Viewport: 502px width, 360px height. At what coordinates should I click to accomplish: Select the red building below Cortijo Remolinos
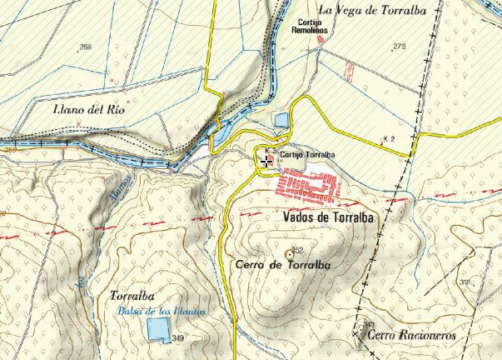(320, 40)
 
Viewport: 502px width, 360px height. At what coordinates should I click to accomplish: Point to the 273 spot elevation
(400, 47)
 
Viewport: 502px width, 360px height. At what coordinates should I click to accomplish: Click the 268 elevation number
(85, 47)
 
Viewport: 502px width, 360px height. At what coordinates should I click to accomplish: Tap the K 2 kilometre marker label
(387, 137)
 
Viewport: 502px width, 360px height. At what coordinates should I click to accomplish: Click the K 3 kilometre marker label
(268, 150)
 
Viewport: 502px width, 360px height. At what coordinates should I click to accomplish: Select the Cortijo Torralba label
(307, 155)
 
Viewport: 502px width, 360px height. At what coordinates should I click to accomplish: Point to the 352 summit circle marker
(289, 253)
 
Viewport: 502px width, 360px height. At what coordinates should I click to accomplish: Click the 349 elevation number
(177, 340)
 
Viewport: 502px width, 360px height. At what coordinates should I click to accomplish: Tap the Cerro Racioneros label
(400, 336)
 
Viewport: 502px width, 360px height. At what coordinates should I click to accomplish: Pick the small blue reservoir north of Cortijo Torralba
(281, 120)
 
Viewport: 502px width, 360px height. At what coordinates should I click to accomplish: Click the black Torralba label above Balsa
(132, 296)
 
